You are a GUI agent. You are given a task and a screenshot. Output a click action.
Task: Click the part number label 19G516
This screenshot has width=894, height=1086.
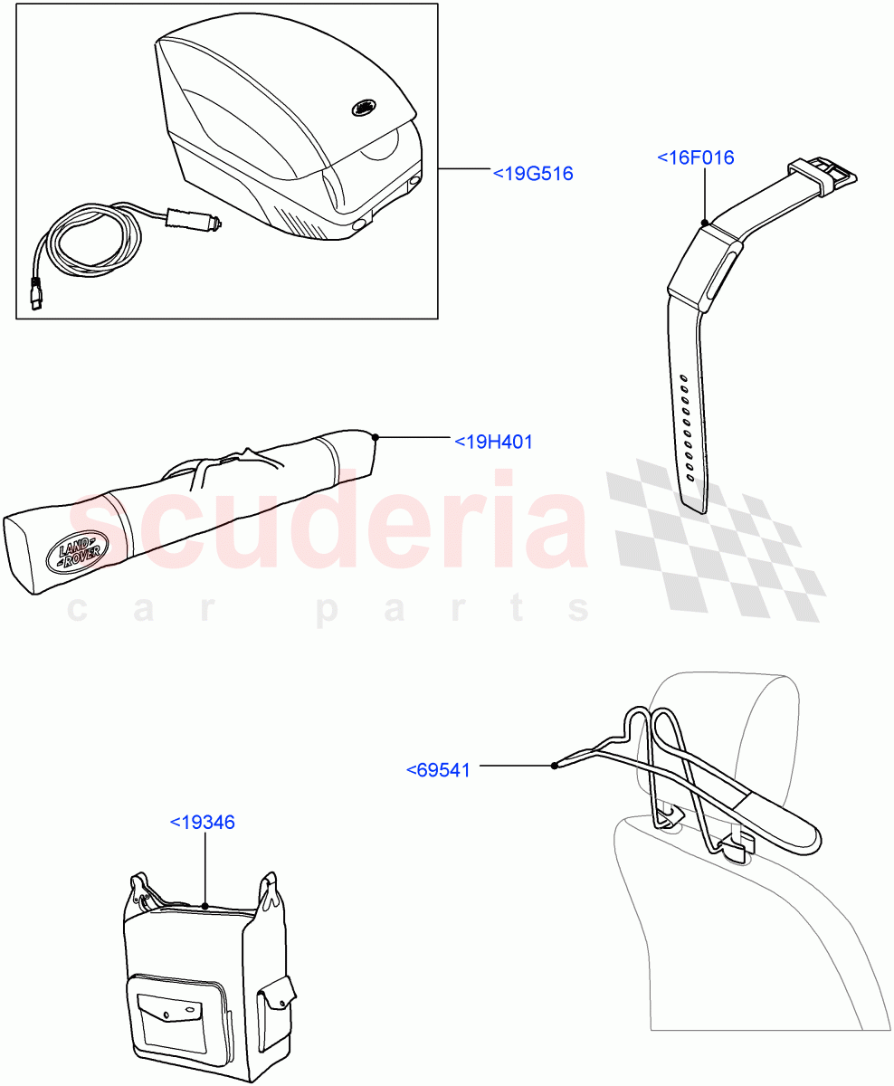pos(533,173)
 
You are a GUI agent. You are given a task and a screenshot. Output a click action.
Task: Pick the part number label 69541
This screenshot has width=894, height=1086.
pos(438,770)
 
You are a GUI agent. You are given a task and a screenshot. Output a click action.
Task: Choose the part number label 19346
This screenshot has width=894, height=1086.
pos(203,823)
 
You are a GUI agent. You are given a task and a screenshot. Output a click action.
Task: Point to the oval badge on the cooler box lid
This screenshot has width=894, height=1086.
pos(365,107)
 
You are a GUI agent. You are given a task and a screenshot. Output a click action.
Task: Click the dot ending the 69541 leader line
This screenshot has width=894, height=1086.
pos(554,766)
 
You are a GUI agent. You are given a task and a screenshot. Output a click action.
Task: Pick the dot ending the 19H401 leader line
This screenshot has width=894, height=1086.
pos(375,437)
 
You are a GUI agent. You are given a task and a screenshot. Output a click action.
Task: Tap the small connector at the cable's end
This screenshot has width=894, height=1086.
pos(36,298)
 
